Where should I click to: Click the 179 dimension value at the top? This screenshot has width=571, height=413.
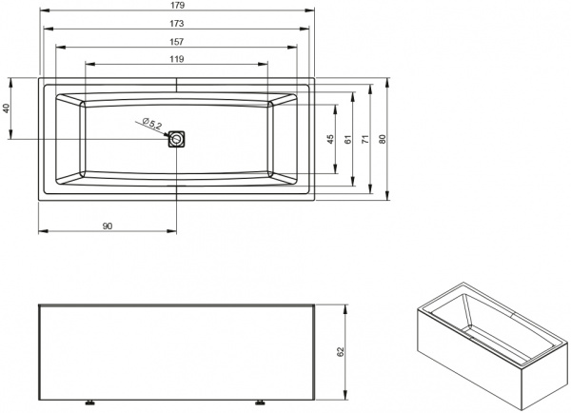click(x=177, y=7)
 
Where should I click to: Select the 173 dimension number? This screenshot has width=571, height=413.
click(x=177, y=24)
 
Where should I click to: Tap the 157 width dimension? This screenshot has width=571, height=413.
click(x=177, y=41)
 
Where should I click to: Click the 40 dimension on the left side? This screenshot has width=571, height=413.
click(x=8, y=108)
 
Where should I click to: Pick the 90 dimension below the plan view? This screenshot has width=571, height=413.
click(x=107, y=225)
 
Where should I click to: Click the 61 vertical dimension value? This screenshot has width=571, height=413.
click(x=348, y=139)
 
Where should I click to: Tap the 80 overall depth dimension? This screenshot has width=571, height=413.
click(x=384, y=139)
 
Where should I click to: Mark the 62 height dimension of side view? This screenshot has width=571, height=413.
click(x=340, y=350)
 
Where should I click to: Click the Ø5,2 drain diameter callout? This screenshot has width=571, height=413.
click(x=152, y=123)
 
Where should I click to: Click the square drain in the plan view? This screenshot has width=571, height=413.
click(x=177, y=139)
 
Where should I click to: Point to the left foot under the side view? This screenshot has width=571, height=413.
click(x=93, y=401)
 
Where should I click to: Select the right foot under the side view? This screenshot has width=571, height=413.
click(x=258, y=401)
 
